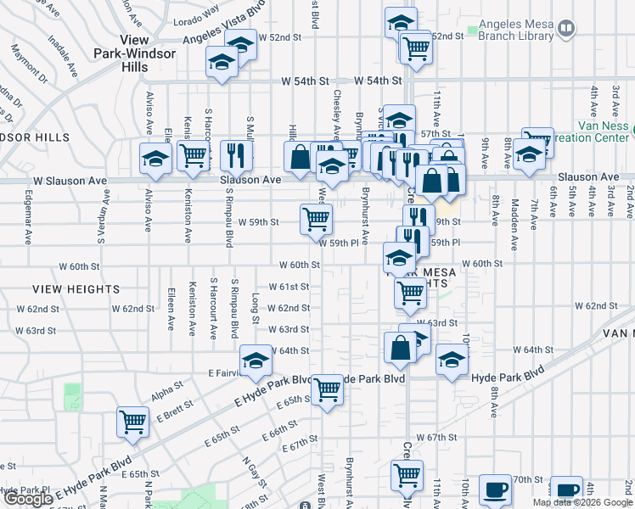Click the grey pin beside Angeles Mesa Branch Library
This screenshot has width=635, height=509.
(x=568, y=28)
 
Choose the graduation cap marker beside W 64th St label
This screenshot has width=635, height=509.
(x=256, y=361)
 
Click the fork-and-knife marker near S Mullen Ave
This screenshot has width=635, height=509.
(x=236, y=155)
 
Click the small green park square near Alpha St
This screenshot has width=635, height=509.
(x=73, y=395)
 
